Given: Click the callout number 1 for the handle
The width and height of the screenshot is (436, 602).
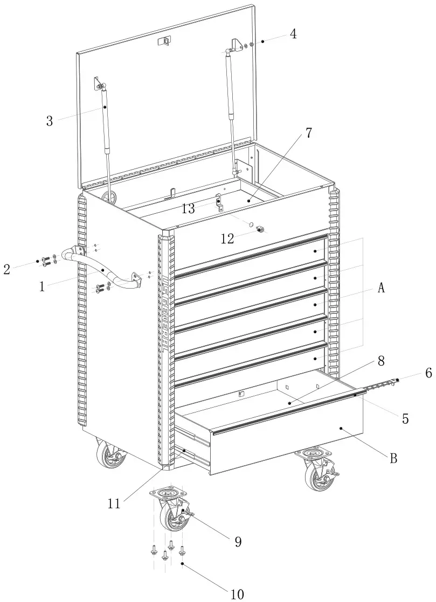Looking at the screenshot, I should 41,286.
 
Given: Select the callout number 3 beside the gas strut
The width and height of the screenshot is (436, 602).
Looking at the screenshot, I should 50,120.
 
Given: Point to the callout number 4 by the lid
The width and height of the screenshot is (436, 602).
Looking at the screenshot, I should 293,33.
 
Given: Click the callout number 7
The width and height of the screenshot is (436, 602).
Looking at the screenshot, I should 308,133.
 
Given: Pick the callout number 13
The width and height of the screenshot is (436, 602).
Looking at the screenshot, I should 188,209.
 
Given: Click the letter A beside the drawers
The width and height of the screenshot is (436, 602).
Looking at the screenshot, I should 381,288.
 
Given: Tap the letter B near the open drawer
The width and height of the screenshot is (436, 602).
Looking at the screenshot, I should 393,458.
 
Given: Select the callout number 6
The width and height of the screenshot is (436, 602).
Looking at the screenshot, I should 428,372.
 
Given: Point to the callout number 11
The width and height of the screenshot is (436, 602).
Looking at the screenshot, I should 114,503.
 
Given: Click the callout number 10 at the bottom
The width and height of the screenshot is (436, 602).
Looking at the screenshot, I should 237,594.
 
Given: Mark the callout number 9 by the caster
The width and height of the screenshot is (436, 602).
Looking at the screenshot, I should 238,542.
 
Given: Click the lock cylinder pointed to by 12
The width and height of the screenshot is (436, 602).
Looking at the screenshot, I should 260,229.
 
